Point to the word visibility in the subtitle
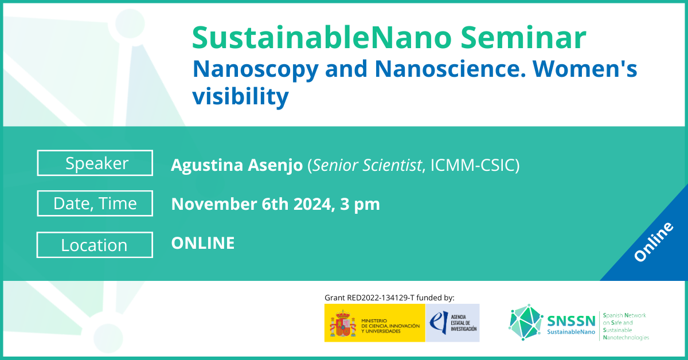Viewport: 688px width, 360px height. point(240,97)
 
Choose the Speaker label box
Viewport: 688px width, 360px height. point(95,163)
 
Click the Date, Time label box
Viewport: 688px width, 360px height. point(95,204)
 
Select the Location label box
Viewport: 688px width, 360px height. point(95,245)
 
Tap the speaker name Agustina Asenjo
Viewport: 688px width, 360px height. point(237,166)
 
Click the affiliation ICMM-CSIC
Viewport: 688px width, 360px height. point(471,166)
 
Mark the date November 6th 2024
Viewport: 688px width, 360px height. point(250,204)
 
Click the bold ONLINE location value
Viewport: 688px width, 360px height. point(203,243)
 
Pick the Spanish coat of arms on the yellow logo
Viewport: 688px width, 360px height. point(342,323)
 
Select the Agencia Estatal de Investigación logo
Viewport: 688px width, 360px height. point(452,323)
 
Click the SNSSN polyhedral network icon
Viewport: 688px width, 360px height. point(526,323)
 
